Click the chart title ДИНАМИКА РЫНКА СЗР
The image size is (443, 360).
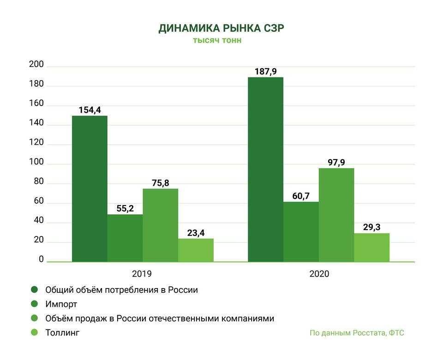(x=221, y=28)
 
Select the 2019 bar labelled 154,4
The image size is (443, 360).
(x=90, y=189)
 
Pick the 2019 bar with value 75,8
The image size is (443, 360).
(x=160, y=225)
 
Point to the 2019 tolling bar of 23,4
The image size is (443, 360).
(x=196, y=250)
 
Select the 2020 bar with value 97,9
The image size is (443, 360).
(x=336, y=215)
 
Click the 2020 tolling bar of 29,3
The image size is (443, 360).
(x=371, y=248)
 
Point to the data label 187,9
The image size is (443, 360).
(x=266, y=71)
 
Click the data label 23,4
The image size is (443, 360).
(x=196, y=233)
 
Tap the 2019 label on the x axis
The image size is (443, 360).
(x=143, y=274)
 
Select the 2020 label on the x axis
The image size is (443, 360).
(x=319, y=274)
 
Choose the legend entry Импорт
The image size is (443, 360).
(x=61, y=304)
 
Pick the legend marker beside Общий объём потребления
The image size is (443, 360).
(x=34, y=290)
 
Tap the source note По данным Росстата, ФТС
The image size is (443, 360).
(x=357, y=333)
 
